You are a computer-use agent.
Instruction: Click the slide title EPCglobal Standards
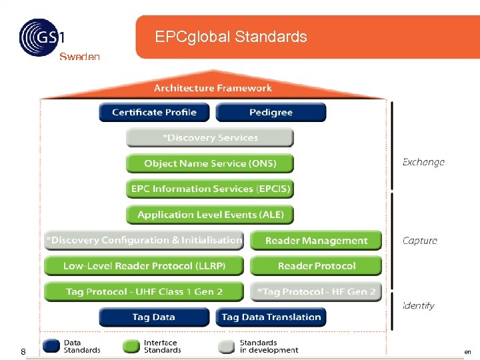click(x=231, y=37)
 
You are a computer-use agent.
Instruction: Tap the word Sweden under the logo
click(x=79, y=57)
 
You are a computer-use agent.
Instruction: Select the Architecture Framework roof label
click(x=213, y=88)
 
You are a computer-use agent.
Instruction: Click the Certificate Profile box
click(x=154, y=112)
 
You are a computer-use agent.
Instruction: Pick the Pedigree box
click(x=271, y=112)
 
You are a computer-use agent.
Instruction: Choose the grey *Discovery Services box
click(x=209, y=138)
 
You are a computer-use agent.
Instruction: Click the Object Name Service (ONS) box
click(x=209, y=163)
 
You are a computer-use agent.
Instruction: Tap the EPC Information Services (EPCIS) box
click(x=209, y=189)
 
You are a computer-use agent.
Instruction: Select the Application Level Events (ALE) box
click(x=209, y=215)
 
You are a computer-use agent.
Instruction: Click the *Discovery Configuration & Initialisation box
click(x=144, y=240)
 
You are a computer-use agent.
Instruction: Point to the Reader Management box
click(x=316, y=241)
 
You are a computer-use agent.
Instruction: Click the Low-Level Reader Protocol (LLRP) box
click(x=144, y=266)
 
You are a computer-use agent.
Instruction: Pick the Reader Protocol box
click(x=316, y=266)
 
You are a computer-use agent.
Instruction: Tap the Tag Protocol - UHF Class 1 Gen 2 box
click(x=144, y=291)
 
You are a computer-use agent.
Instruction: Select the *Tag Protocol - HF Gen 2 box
click(x=316, y=291)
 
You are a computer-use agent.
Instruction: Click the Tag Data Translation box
click(x=271, y=317)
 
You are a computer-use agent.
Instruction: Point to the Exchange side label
click(x=423, y=162)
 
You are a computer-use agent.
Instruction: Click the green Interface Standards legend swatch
click(x=132, y=346)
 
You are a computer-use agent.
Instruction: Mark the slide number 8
click(x=23, y=351)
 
